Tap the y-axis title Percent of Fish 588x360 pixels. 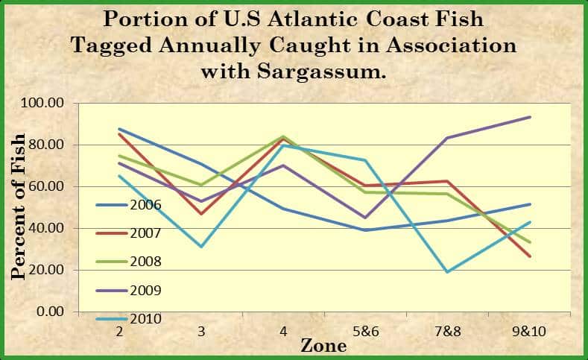point(19,206)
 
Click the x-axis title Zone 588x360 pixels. point(323,346)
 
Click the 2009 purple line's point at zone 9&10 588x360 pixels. point(530,117)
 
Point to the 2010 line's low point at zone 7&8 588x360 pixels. point(448,272)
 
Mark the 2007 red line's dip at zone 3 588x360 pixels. point(201,214)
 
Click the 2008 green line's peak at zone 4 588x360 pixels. point(283,136)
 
